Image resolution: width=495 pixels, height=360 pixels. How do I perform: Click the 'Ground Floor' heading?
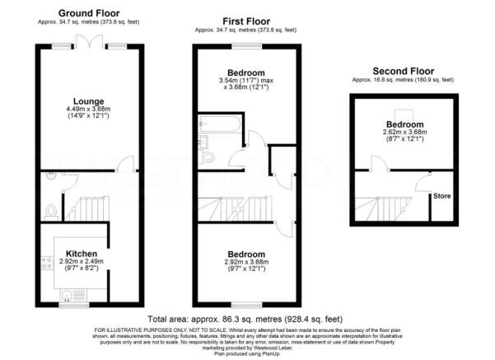pyautogui.click(x=91, y=14)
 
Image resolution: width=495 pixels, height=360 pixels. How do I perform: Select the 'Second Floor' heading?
pyautogui.click(x=402, y=71)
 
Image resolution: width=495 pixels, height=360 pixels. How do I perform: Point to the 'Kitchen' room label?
pyautogui.click(x=83, y=253)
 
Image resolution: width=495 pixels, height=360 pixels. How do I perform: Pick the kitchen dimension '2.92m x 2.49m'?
pyautogui.click(x=83, y=261)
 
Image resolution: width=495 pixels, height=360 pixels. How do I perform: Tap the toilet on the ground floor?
pyautogui.click(x=51, y=210)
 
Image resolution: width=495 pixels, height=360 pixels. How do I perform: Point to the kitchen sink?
pyautogui.click(x=65, y=291)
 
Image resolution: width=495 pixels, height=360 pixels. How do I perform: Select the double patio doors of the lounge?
pyautogui.click(x=91, y=44)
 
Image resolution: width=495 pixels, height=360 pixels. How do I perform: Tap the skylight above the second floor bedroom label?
pyautogui.click(x=402, y=113)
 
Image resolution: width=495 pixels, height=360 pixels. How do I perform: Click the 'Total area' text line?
pyautogui.click(x=245, y=317)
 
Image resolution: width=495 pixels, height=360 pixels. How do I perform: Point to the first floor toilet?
pyautogui.click(x=208, y=155)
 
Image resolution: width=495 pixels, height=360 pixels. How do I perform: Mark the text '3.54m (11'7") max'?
pyautogui.click(x=244, y=80)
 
